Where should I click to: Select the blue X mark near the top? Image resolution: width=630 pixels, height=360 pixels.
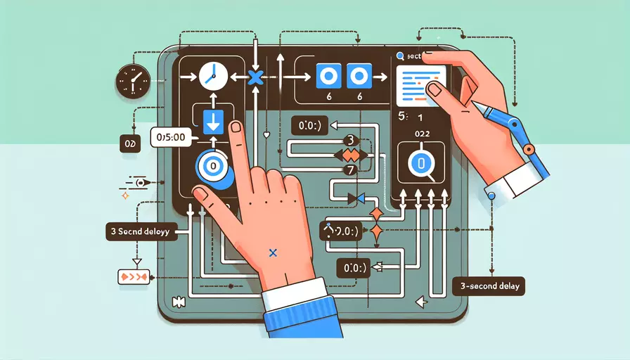tap(255, 77)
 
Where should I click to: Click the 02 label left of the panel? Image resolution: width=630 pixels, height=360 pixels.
tap(128, 143)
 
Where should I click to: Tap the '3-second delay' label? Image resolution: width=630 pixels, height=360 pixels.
tap(487, 287)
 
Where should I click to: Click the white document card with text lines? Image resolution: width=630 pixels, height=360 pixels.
tap(420, 84)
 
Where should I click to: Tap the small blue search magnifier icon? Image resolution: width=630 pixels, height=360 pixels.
tap(399, 56)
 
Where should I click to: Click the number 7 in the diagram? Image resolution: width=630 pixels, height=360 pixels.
tap(345, 169)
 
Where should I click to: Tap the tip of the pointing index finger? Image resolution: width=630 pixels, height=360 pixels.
tap(237, 129)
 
